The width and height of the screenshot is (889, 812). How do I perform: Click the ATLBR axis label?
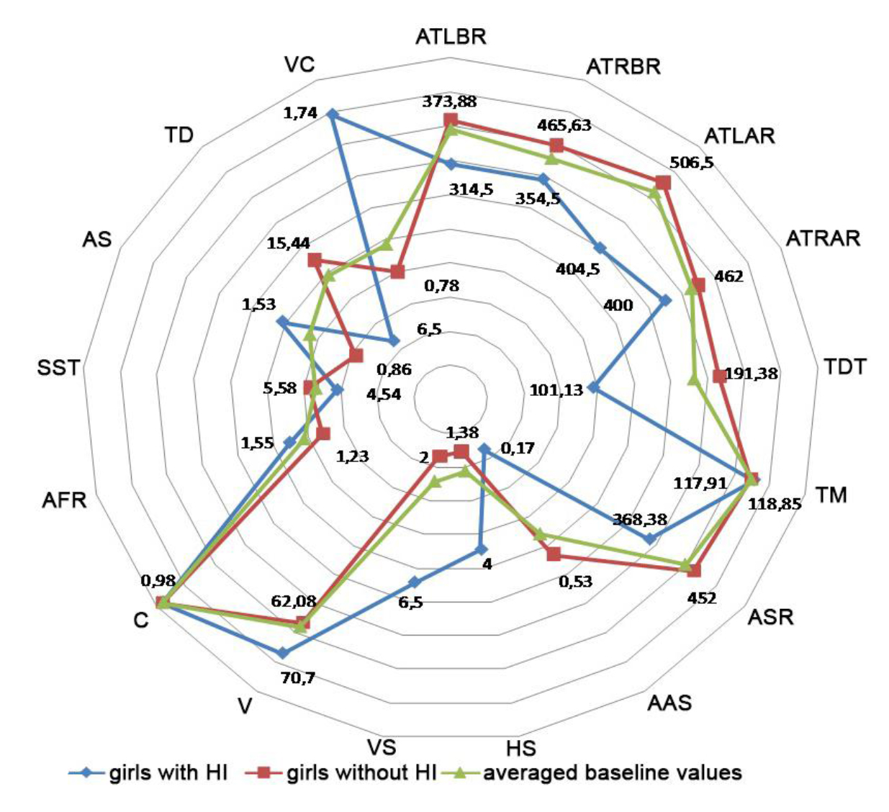click(451, 37)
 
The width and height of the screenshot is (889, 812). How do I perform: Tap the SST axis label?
click(59, 368)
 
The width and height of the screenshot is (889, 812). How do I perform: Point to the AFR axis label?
click(64, 499)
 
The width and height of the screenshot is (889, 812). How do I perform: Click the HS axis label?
click(520, 748)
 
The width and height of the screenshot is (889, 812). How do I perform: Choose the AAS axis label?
click(669, 702)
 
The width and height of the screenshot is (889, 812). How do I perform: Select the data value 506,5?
click(692, 163)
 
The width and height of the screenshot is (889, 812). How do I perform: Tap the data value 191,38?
click(752, 374)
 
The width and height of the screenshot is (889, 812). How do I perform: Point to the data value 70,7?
click(297, 677)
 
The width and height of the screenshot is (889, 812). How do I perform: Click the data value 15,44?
click(288, 244)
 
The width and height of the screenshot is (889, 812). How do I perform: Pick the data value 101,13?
click(556, 391)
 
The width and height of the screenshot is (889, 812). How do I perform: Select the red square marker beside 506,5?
click(663, 183)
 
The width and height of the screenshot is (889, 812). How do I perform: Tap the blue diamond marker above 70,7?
click(283, 653)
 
